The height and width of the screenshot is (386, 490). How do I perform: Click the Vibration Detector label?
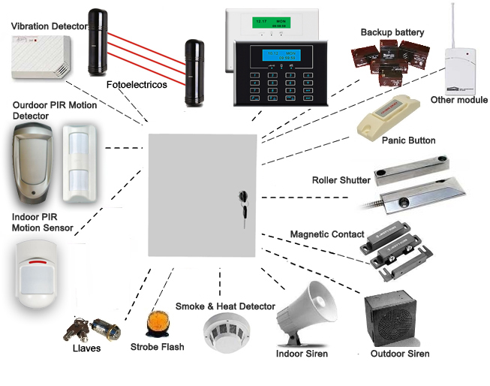click(49, 26)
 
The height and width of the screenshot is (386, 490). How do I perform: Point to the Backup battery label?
click(392, 32)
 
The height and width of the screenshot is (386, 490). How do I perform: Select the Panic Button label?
click(408, 140)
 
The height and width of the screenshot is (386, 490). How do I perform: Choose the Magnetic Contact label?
click(327, 235)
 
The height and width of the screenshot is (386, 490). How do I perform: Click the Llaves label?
click(86, 348)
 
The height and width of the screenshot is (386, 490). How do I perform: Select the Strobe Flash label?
click(157, 347)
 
